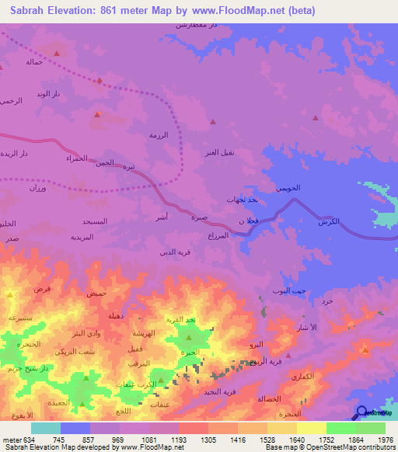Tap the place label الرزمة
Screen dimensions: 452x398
point(159,135)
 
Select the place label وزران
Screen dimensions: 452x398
point(38,189)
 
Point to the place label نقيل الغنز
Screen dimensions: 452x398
point(218,152)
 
